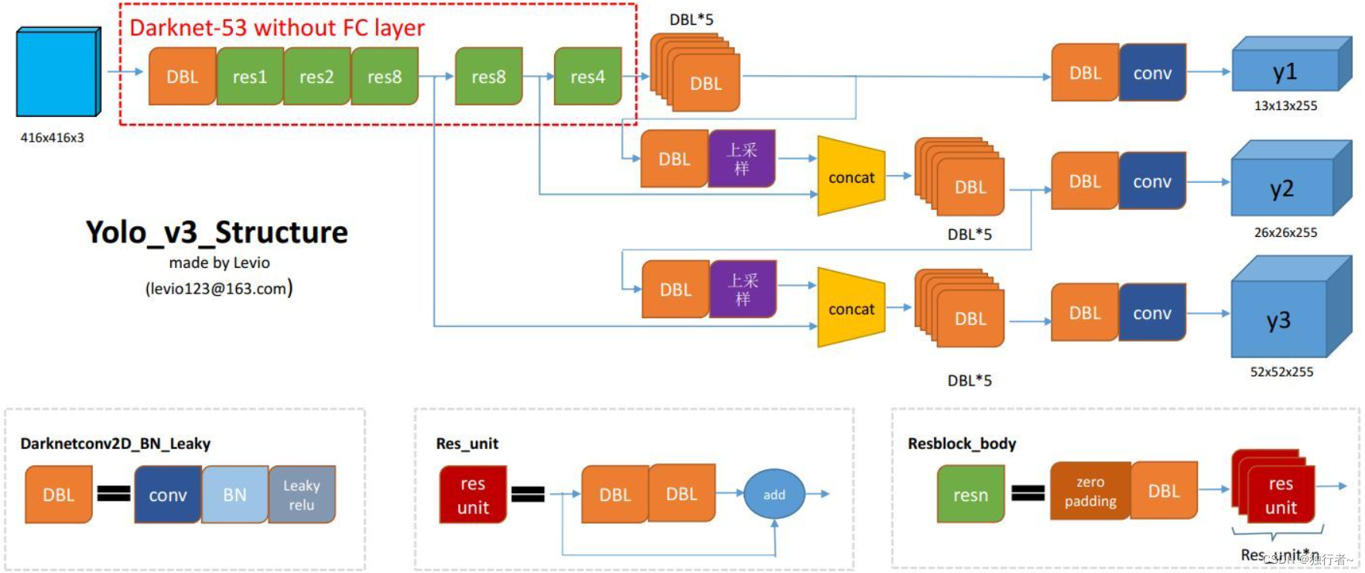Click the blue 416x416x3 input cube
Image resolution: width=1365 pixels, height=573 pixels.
point(57,74)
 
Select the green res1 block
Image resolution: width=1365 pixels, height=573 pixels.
point(250,77)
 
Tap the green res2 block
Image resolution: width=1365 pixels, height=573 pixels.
point(316,77)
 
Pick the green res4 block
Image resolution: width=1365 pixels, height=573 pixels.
point(587,77)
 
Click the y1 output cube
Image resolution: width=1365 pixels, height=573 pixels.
point(1285,72)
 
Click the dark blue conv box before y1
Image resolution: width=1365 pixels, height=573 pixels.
point(1152,73)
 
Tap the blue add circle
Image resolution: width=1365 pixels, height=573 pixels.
point(774,494)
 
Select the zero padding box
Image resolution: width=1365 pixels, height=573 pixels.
point(1090,491)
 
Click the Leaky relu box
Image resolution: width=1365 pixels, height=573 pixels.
point(302,495)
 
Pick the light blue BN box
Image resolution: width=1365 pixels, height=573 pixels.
point(234,495)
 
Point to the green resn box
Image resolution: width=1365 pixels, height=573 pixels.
point(970,494)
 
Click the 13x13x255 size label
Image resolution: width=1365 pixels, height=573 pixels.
point(1285,106)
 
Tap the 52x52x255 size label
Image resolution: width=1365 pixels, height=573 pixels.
point(1281,372)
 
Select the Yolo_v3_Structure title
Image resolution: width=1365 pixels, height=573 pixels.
point(217,232)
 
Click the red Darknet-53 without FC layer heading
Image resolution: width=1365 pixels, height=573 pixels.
point(277,28)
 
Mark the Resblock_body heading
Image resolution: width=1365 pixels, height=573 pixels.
point(962,444)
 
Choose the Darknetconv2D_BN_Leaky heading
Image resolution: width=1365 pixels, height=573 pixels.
point(115,444)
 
